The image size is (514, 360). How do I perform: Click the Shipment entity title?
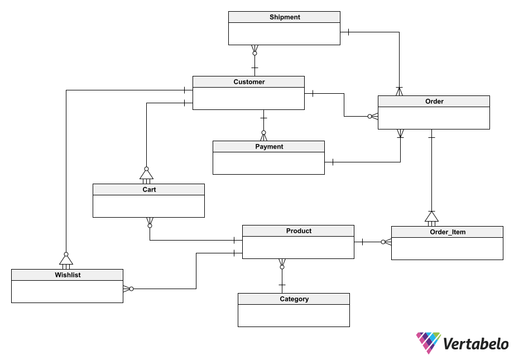(285, 17)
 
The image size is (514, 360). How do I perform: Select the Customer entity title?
(249, 82)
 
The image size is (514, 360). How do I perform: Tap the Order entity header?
(434, 102)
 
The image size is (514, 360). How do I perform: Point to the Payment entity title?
(269, 147)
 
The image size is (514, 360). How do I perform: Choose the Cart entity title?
(149, 190)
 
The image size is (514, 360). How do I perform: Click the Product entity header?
(298, 231)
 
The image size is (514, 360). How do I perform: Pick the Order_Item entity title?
(448, 232)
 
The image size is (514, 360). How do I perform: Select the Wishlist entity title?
(68, 275)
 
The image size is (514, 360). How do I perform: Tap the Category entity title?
(294, 299)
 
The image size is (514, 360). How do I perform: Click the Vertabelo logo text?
(475, 344)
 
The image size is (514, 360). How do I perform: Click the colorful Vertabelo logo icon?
(429, 343)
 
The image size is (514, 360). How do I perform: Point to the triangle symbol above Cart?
(147, 175)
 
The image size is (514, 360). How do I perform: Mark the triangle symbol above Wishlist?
(66, 260)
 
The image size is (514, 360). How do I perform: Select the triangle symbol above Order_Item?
(432, 217)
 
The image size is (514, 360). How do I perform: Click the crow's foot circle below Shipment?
(254, 53)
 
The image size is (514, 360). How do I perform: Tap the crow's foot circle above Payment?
(263, 133)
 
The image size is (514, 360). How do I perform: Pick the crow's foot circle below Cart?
(150, 226)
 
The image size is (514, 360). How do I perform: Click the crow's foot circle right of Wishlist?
(132, 289)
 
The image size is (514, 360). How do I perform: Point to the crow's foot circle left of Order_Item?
(383, 242)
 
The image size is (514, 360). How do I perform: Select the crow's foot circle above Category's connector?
(282, 267)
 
